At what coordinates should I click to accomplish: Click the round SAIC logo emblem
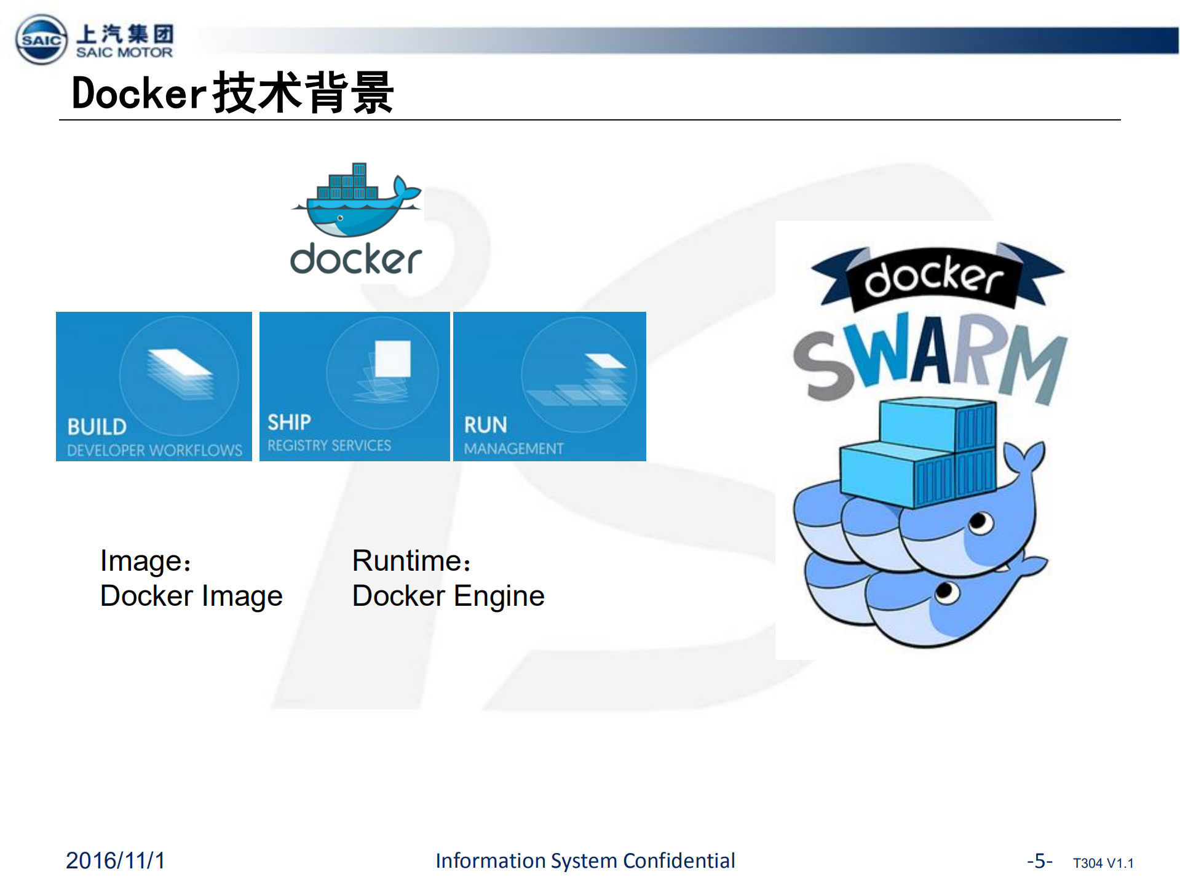pyautogui.click(x=41, y=40)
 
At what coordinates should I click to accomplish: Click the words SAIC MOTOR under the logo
pyautogui.click(x=124, y=53)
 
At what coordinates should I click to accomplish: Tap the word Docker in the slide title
pyautogui.click(x=138, y=93)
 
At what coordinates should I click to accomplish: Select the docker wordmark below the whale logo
pyautogui.click(x=355, y=259)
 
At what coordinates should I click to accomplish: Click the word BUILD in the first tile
pyautogui.click(x=97, y=427)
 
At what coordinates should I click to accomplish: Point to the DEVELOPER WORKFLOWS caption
pyautogui.click(x=154, y=450)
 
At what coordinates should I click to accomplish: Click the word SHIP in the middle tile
pyautogui.click(x=289, y=423)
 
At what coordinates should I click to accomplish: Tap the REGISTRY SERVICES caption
pyautogui.click(x=329, y=445)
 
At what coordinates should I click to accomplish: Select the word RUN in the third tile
pyautogui.click(x=485, y=425)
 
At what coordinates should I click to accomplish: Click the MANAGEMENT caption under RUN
pyautogui.click(x=513, y=449)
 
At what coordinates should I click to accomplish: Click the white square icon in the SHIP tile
pyautogui.click(x=392, y=358)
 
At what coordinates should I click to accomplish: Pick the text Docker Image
pyautogui.click(x=191, y=596)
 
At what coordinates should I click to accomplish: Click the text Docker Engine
pyautogui.click(x=448, y=596)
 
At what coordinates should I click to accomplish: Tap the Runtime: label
pyautogui.click(x=411, y=561)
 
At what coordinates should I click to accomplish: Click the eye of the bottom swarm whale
pyautogui.click(x=946, y=592)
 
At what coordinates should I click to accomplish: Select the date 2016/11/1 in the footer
pyautogui.click(x=116, y=860)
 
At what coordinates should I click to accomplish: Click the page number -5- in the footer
pyautogui.click(x=1039, y=860)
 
